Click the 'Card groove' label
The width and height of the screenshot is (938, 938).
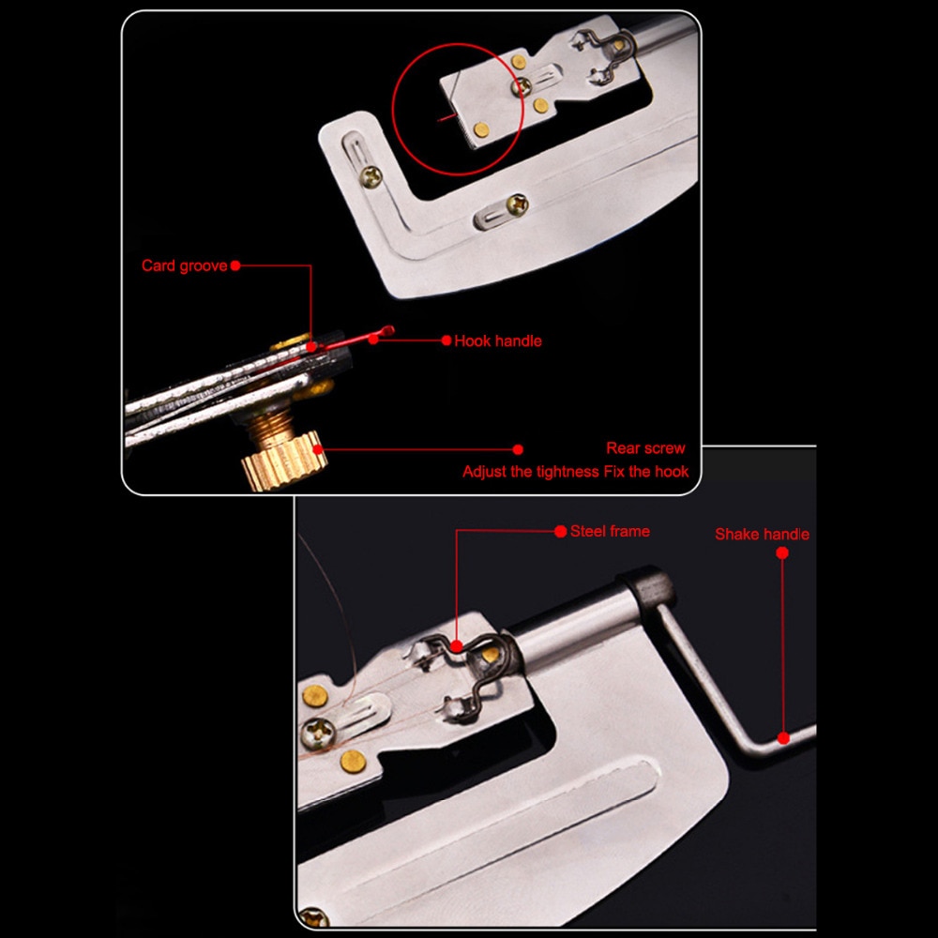click(x=184, y=265)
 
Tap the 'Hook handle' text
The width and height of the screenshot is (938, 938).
click(x=498, y=341)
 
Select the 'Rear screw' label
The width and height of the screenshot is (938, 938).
click(x=645, y=448)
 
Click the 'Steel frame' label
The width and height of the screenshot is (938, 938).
click(x=610, y=531)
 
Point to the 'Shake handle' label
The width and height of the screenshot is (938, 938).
click(x=762, y=535)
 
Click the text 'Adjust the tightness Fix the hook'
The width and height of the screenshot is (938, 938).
click(x=576, y=472)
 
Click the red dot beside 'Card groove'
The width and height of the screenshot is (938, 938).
click(x=235, y=265)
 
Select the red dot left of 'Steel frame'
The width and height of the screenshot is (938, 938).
click(x=561, y=531)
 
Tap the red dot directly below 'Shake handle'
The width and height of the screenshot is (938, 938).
click(x=782, y=552)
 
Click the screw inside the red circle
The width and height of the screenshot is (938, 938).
click(x=521, y=87)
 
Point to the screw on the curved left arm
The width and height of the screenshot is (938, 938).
click(x=371, y=176)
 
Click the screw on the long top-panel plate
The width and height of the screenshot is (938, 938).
click(x=518, y=205)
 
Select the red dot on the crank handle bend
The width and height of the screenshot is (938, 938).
click(x=783, y=738)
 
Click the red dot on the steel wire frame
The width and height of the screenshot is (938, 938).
click(x=457, y=646)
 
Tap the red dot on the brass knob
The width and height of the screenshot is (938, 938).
click(x=318, y=450)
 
